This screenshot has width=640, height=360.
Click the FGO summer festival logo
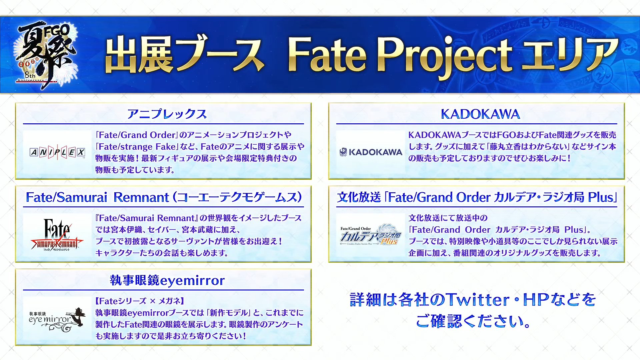pyautogui.click(x=45, y=55)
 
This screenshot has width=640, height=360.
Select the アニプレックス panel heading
pyautogui.click(x=167, y=114)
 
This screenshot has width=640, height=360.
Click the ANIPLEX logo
pyautogui.click(x=57, y=152)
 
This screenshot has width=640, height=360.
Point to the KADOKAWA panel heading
pyautogui.click(x=480, y=114)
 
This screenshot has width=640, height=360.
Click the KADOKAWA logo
pyautogui.click(x=371, y=152)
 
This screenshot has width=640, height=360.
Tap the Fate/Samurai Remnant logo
pyautogui.click(x=57, y=234)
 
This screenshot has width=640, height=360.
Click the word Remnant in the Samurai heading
pyautogui.click(x=141, y=197)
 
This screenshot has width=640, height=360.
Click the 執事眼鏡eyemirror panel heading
pyautogui.click(x=167, y=280)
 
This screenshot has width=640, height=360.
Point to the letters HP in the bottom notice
pyautogui.click(x=536, y=299)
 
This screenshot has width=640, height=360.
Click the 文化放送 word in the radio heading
pyautogui.click(x=359, y=197)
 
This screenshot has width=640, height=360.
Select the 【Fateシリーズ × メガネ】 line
pyautogui.click(x=140, y=301)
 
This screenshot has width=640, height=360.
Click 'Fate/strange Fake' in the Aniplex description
pyautogui.click(x=136, y=146)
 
